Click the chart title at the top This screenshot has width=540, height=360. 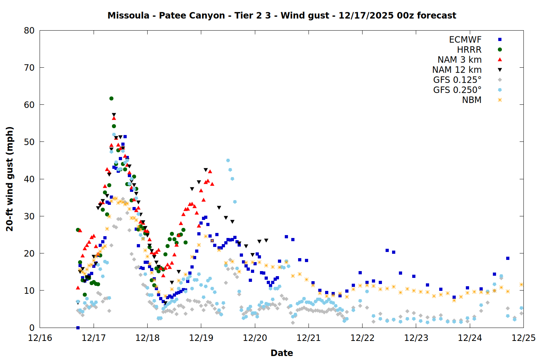coord(282,15)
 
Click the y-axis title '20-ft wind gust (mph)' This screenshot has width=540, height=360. coord(10,179)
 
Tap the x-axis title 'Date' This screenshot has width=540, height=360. coord(282,353)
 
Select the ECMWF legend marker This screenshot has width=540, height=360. coord(500,40)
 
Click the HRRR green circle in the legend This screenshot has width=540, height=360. coord(500,50)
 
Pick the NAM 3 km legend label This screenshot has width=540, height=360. coord(459,60)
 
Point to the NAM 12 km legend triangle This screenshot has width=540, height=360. coord(500,70)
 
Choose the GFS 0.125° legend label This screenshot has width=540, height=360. coord(457,80)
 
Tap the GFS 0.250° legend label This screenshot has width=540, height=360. coord(457,90)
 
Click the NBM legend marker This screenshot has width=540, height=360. coord(500,100)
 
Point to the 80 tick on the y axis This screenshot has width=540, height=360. coord(29,31)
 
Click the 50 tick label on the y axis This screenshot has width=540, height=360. coord(29,142)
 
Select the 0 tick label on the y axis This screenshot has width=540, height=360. coord(32,328)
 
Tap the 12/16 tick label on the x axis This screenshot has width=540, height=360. coord(40,338)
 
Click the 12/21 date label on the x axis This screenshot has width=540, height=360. coord(309,338)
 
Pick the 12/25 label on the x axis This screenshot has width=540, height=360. coord(523,338)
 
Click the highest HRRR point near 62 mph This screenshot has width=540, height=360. coord(111,98)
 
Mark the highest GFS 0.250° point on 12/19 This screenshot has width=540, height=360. coord(228,161)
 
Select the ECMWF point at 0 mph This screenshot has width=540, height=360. coord(78,328)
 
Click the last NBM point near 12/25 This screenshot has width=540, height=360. coord(521,284)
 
